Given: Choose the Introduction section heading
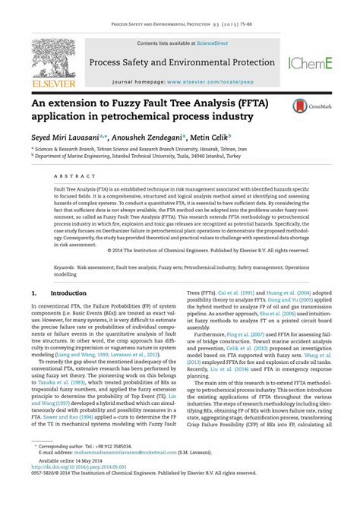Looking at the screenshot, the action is coord(71,292).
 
